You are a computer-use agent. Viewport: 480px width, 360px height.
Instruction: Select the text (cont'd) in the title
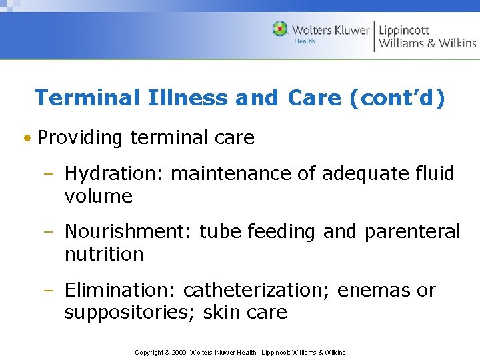click(x=397, y=98)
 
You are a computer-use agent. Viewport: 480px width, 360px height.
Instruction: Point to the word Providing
click(x=80, y=138)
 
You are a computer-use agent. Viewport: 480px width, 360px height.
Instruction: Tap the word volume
click(x=98, y=197)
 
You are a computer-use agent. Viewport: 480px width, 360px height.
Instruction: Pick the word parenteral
click(x=412, y=232)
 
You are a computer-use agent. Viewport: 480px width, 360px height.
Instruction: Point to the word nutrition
click(x=103, y=254)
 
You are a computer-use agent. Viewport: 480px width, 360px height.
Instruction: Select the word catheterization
click(x=257, y=291)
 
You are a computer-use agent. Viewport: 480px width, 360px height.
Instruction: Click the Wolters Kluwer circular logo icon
click(x=280, y=29)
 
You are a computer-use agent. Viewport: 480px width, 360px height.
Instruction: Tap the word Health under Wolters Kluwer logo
click(x=305, y=41)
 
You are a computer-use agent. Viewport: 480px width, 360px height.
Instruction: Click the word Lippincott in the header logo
click(x=404, y=30)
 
